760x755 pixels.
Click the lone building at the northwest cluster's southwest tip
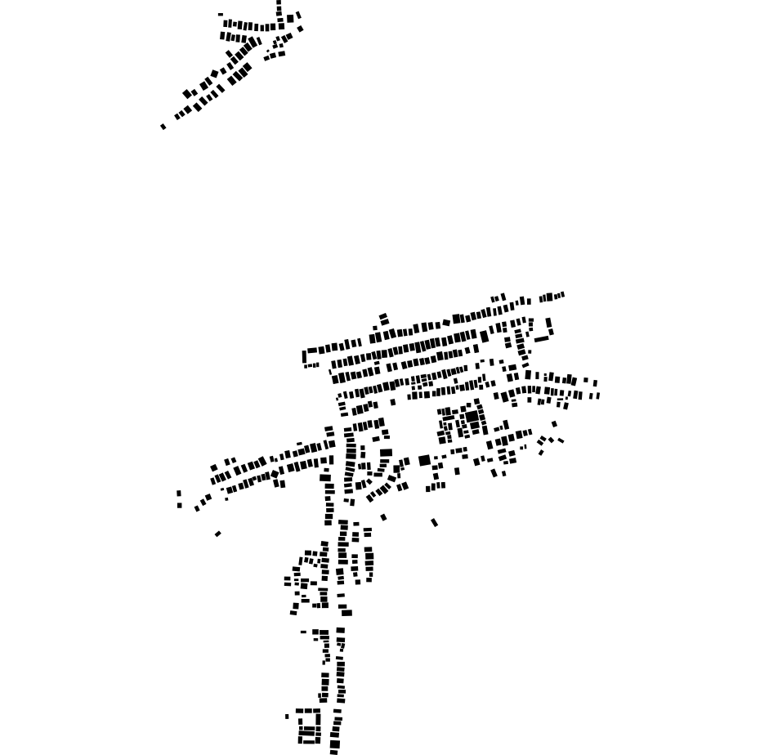[163, 127]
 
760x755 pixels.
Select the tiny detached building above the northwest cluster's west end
[221, 15]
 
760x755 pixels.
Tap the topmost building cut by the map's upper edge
[279, 3]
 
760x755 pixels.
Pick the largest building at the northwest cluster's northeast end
[290, 18]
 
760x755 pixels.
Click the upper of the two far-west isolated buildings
[179, 494]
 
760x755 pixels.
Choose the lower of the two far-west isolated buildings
[180, 505]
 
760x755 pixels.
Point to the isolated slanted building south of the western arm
[217, 534]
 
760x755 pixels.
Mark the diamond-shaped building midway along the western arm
[275, 473]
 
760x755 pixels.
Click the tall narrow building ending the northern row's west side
[305, 357]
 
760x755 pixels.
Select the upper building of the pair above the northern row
[382, 316]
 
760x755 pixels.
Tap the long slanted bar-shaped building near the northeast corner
[541, 339]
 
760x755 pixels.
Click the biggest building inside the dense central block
[472, 417]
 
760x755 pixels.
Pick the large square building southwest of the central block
[424, 461]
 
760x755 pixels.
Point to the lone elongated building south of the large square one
[435, 522]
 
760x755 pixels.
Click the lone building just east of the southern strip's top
[383, 517]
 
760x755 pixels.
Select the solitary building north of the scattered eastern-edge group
[554, 424]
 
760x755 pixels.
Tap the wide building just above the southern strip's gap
[346, 613]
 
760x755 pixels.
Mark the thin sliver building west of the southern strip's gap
[303, 632]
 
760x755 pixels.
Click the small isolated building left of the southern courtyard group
[287, 717]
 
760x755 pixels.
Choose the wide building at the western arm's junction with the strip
[325, 478]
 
